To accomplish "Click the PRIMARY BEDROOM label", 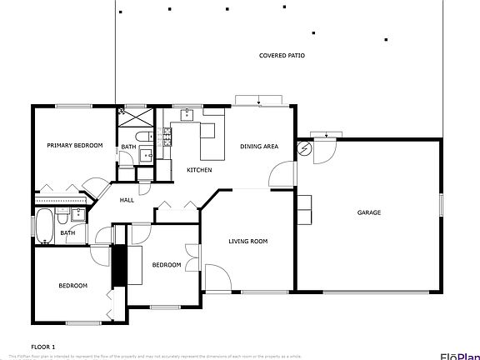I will [x=74, y=146].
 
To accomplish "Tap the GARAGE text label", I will [x=369, y=212].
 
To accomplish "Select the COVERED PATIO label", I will [x=282, y=55].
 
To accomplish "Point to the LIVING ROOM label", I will [x=248, y=242].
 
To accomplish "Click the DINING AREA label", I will [x=259, y=147].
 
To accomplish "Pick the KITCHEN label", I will [x=199, y=170].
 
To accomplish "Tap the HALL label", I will [x=127, y=200].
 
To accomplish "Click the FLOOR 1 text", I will [x=43, y=346].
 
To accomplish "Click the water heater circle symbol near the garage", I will [x=305, y=150].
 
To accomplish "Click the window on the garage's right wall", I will [x=442, y=206].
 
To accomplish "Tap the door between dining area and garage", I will [x=283, y=173].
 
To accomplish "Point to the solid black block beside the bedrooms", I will [x=117, y=265].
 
